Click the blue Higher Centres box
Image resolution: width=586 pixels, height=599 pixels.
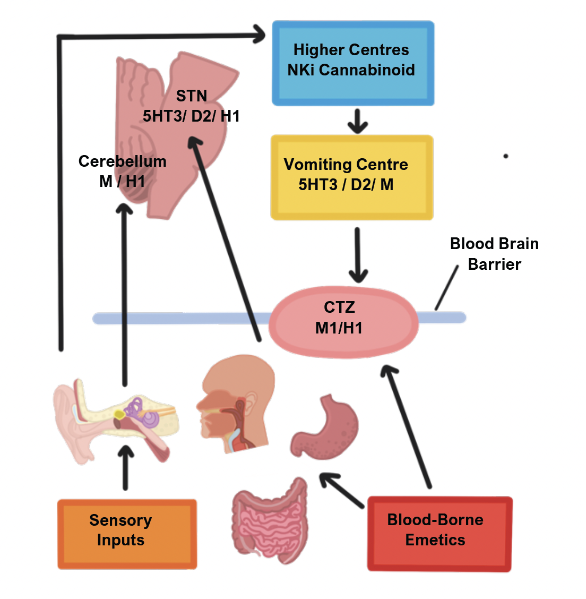click(352, 63)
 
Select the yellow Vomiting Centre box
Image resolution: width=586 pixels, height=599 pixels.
click(352, 177)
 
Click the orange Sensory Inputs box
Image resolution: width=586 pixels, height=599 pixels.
click(127, 534)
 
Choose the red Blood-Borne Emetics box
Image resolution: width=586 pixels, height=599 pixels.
click(439, 534)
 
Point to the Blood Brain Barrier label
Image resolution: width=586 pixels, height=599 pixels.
click(494, 254)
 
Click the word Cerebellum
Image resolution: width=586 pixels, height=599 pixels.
click(122, 161)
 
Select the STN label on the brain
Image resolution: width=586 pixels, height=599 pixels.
click(192, 96)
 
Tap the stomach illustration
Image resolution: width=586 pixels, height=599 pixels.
click(325, 427)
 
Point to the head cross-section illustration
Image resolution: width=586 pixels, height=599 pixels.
click(236, 404)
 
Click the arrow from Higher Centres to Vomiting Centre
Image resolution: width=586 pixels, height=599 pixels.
click(358, 121)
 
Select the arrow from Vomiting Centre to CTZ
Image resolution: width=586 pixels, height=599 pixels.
click(358, 255)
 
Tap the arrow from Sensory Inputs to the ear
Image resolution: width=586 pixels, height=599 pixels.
click(125, 467)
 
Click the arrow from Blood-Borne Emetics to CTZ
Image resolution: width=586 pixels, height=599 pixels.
click(408, 425)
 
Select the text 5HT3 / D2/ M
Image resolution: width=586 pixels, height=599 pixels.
click(346, 185)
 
